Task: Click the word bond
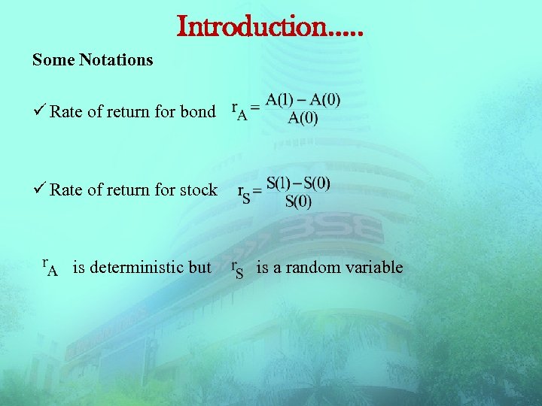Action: click(x=197, y=112)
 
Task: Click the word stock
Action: click(x=199, y=189)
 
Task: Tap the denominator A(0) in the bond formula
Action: click(x=303, y=118)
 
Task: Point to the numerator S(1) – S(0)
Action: click(x=298, y=183)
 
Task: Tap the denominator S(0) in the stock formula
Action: click(x=298, y=201)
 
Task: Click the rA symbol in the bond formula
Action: click(x=240, y=111)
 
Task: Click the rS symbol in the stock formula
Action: click(x=245, y=194)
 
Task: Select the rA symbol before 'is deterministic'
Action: click(x=49, y=267)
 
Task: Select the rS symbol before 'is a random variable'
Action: click(x=236, y=268)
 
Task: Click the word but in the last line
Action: click(x=199, y=267)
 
